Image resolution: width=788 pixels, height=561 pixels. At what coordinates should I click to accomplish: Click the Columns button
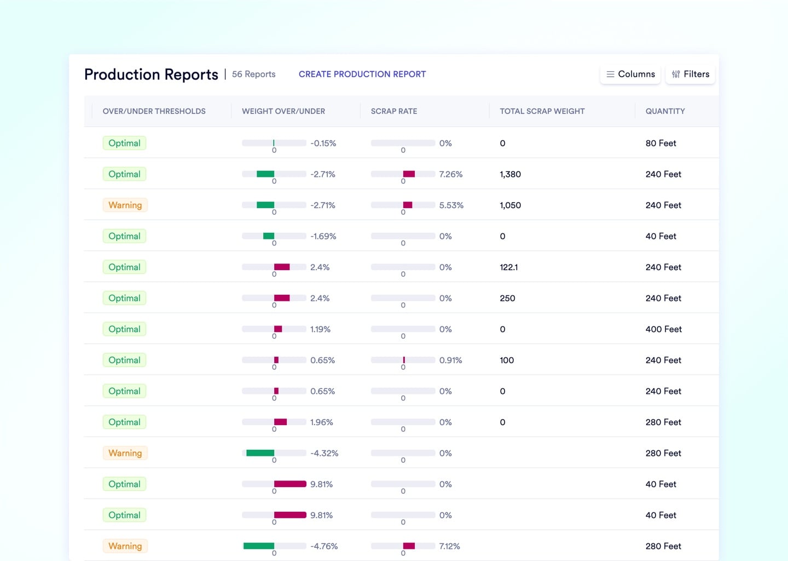[x=630, y=74]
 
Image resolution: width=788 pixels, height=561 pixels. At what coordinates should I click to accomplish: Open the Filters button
[x=691, y=74]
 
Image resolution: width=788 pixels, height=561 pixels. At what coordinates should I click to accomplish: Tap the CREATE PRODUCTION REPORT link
[x=362, y=74]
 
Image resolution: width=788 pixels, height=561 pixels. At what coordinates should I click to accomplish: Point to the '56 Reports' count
[x=253, y=74]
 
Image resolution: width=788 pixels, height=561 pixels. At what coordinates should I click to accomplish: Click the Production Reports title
[x=151, y=75]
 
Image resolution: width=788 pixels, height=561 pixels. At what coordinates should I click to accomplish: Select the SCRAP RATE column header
[x=393, y=111]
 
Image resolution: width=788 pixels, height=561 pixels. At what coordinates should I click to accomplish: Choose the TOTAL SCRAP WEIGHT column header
[x=542, y=111]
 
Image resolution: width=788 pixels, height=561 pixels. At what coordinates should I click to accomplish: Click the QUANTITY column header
[x=665, y=111]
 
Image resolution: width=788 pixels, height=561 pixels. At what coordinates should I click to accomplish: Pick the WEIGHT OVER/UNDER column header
[x=283, y=111]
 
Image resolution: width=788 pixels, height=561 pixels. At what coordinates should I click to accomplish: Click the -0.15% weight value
[x=323, y=144]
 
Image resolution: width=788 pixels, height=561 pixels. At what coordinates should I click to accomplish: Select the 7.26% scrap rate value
[x=450, y=174]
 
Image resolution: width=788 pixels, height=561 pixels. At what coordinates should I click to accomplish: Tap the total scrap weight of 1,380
[x=510, y=174]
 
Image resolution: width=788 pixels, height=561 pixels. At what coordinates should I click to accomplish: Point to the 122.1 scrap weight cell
[x=508, y=267]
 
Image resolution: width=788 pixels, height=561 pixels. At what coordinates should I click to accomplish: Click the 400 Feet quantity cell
[x=663, y=329]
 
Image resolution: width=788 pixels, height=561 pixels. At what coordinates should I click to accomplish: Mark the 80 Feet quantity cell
[x=660, y=144]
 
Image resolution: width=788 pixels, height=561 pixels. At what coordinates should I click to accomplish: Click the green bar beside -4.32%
[x=260, y=453]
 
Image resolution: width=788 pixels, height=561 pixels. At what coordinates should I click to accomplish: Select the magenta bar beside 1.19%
[x=278, y=329]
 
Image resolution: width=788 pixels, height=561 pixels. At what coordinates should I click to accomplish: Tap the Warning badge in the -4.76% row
[x=125, y=546]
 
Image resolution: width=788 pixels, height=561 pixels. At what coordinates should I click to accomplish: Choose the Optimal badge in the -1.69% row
[x=124, y=236]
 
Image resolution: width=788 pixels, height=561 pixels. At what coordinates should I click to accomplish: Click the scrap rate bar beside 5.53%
[x=408, y=205]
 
